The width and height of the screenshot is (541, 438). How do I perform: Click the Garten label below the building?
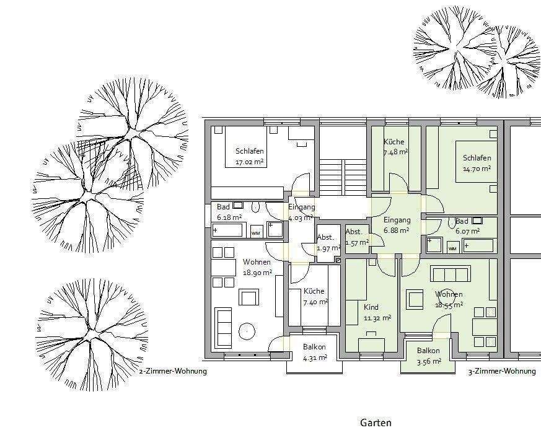376,423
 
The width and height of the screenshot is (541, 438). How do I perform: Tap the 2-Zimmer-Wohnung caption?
173,371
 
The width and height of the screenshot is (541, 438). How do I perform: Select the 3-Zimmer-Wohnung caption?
502,371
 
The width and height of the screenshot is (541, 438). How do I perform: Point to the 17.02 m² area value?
251,162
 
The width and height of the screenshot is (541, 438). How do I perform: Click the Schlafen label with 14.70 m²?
477,157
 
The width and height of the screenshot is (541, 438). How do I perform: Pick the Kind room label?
371,307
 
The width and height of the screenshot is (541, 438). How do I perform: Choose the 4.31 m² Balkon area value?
315,358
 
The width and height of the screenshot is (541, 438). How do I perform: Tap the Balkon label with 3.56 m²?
428,351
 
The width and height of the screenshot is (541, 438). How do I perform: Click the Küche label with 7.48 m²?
394,141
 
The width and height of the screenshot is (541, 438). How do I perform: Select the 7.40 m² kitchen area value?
315,302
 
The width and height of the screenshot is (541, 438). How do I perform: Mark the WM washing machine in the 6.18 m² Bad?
256,232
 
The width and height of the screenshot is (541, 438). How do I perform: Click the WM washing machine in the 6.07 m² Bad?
452,247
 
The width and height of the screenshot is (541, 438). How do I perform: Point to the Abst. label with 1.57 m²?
354,232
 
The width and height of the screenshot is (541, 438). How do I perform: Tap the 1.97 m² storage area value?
329,248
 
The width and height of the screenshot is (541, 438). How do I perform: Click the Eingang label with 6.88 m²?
397,220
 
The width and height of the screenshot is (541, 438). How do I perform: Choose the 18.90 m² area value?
257,273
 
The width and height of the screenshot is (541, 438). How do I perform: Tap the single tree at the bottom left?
92,335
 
